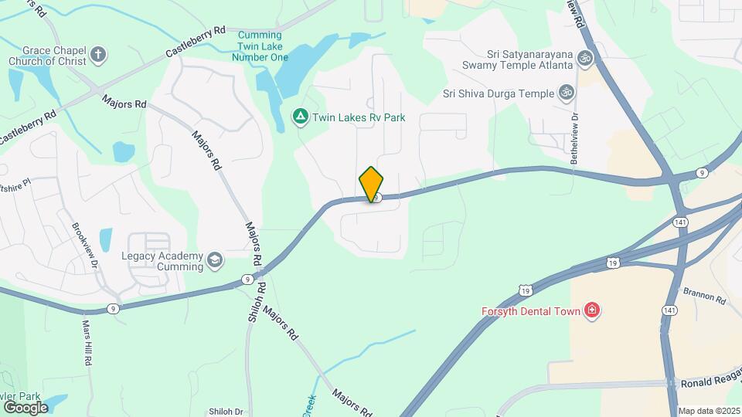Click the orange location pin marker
point(371,184)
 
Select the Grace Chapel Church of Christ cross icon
point(97,55)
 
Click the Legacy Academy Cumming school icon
point(214,262)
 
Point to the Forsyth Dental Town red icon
point(593,310)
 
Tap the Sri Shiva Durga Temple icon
point(567,93)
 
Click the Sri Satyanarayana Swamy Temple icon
point(585,59)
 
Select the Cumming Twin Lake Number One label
point(263,46)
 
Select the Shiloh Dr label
point(226,412)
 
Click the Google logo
point(26,407)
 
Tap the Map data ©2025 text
point(709,411)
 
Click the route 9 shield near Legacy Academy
point(247,279)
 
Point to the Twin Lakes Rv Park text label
point(359,118)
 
